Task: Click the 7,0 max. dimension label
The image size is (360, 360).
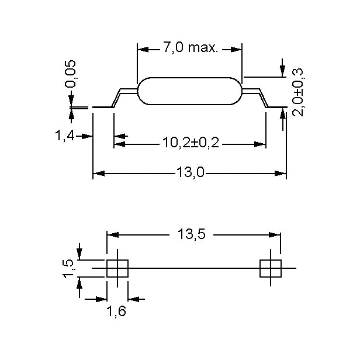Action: (190, 47)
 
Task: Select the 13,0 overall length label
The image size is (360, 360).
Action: (190, 172)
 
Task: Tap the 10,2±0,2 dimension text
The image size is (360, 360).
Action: (191, 143)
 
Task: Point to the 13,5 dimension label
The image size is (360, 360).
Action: (191, 234)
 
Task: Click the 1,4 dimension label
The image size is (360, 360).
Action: (65, 135)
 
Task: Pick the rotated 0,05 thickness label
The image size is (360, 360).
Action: (70, 74)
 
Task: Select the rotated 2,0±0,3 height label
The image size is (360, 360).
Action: (298, 92)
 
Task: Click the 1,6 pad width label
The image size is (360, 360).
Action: (116, 311)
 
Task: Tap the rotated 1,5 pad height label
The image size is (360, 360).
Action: (68, 269)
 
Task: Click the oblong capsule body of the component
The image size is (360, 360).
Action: (189, 91)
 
